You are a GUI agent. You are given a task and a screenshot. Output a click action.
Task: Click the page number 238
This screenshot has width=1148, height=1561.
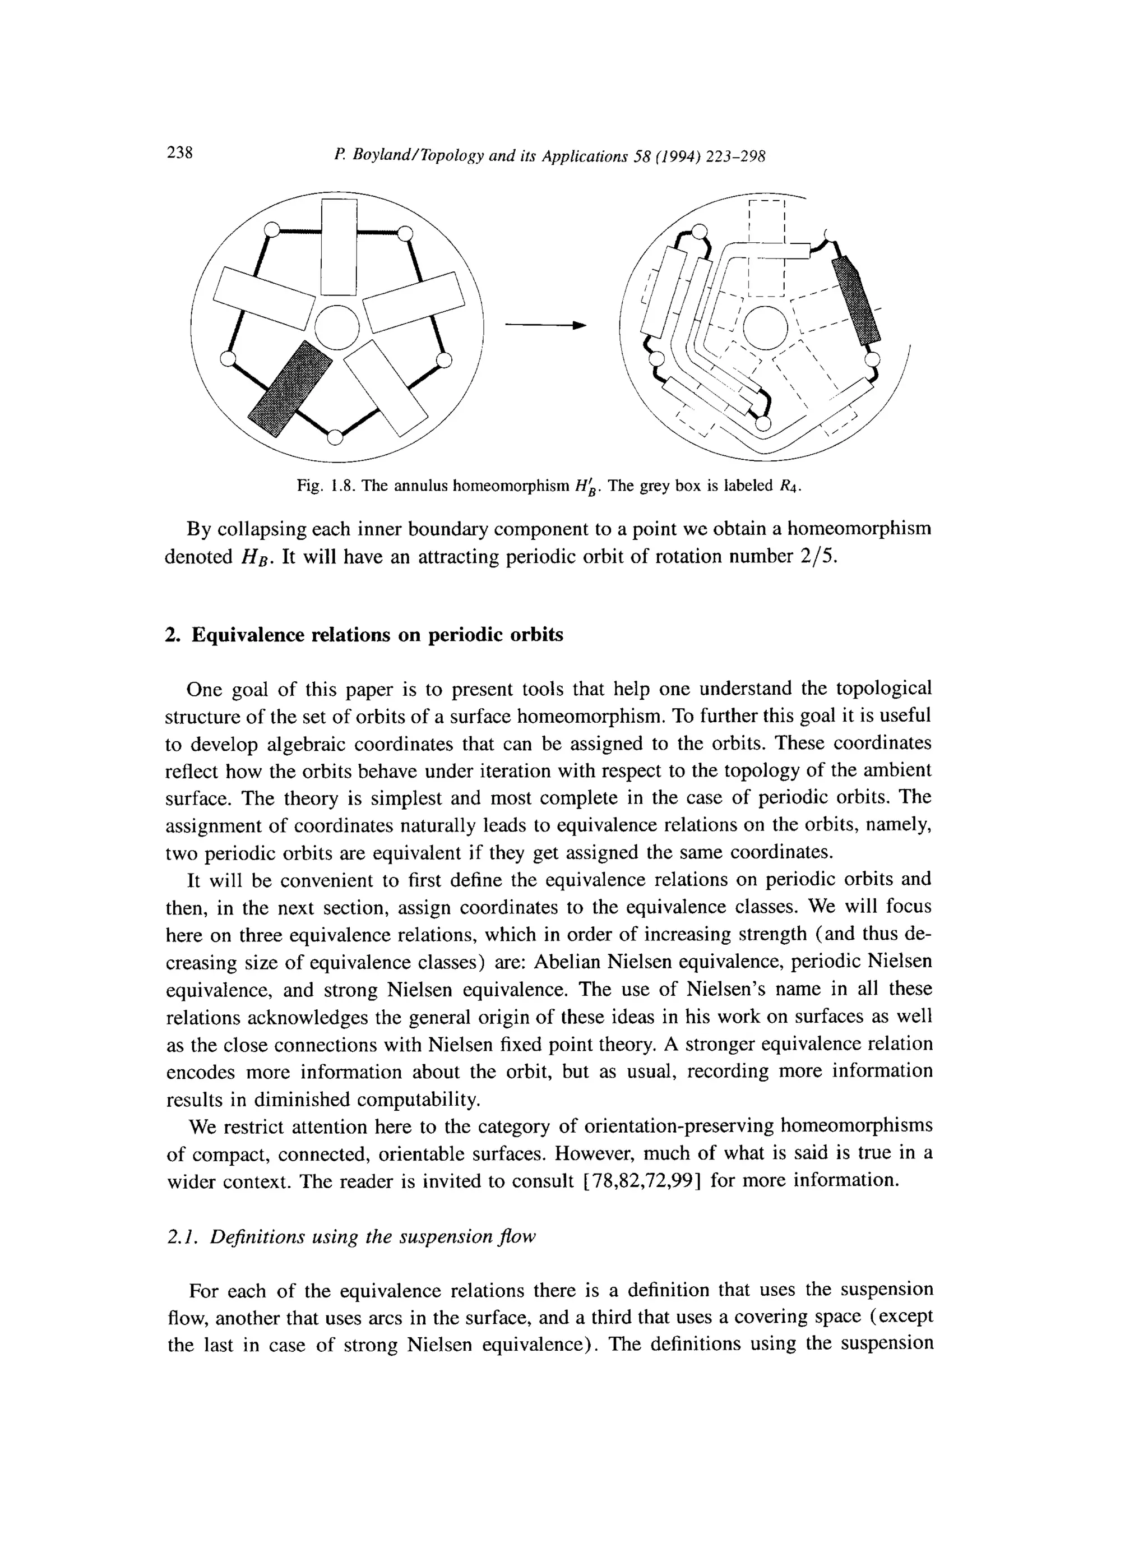[x=179, y=153]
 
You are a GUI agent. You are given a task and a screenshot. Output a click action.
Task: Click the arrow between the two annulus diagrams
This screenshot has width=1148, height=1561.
[x=545, y=325]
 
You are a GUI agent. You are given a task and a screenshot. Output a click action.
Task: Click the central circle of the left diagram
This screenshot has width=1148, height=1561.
[x=337, y=327]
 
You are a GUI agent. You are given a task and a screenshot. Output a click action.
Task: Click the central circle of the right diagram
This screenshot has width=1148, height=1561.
[x=765, y=327]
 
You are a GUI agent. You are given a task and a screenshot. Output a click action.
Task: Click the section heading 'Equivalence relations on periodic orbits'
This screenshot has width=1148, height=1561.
[x=377, y=635]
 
